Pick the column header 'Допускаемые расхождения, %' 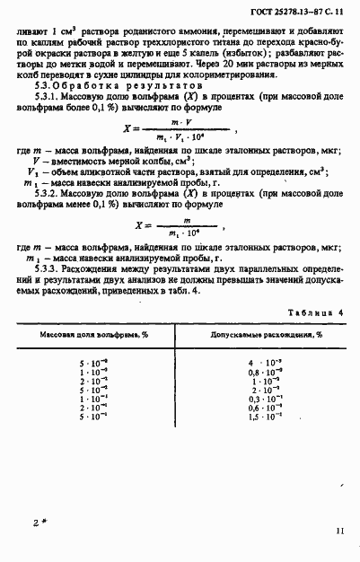pyautogui.click(x=266, y=334)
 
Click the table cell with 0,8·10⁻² pyautogui.click(x=265, y=372)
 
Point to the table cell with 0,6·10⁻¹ pyautogui.click(x=265, y=408)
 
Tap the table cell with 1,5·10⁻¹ pyautogui.click(x=265, y=417)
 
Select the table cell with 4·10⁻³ pyautogui.click(x=265, y=362)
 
